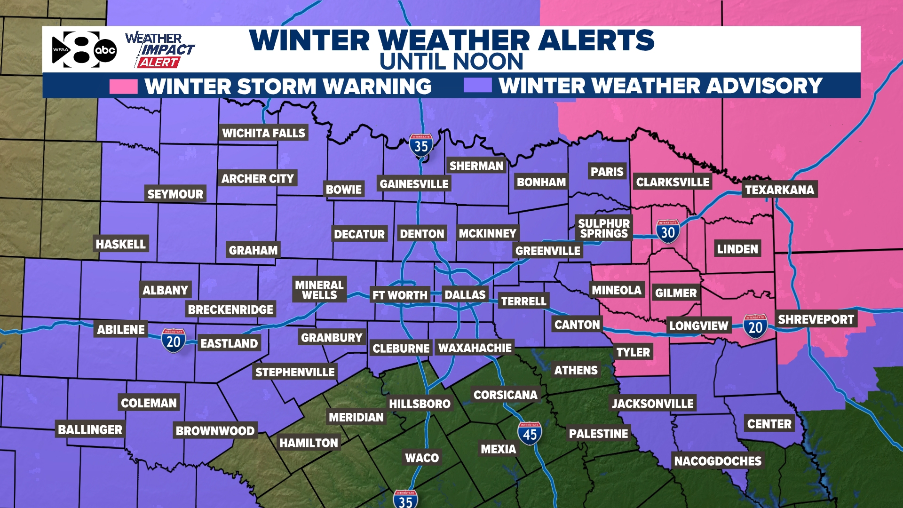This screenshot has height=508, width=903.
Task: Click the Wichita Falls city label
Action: (264, 134)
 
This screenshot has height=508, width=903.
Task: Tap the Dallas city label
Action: (465, 295)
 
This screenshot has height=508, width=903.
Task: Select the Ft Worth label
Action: (400, 295)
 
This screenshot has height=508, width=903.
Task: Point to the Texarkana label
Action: (779, 190)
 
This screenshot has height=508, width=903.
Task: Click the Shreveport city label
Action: (816, 320)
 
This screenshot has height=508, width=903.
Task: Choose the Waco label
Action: (422, 458)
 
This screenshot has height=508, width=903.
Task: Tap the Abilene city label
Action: (121, 330)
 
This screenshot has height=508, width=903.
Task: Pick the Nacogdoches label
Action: (718, 461)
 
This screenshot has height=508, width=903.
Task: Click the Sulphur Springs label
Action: (604, 229)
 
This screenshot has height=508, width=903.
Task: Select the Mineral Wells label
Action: (319, 290)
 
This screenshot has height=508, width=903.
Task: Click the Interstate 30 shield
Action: (668, 231)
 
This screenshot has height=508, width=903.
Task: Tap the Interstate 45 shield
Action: (530, 434)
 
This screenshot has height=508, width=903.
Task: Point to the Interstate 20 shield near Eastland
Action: (174, 341)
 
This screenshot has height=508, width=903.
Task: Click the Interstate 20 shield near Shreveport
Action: (755, 326)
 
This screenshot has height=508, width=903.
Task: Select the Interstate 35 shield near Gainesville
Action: (421, 146)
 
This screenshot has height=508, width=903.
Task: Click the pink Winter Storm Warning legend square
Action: (123, 87)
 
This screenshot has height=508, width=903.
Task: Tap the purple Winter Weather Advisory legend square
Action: (477, 86)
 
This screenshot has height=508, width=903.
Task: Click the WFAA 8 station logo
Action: (84, 49)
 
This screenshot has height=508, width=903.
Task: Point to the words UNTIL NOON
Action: (451, 62)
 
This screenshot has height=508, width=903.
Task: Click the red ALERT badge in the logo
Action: (158, 63)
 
